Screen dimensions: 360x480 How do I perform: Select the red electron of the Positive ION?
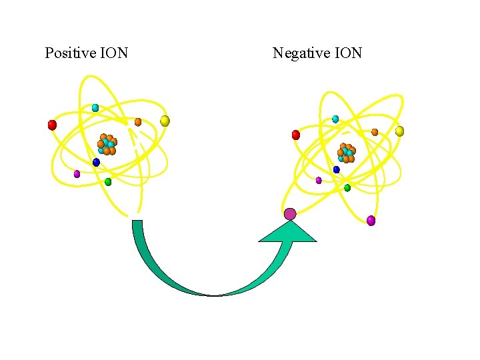click(52, 125)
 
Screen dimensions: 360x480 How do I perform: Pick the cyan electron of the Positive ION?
click(95, 107)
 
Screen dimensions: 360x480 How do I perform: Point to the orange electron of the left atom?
click(138, 122)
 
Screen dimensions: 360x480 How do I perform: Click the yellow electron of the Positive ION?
click(165, 121)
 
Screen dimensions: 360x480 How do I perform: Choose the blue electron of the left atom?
click(96, 162)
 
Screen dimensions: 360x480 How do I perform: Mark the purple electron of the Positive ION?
click(77, 174)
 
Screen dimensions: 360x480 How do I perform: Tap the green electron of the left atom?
click(108, 181)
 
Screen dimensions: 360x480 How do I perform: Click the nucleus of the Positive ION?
click(107, 144)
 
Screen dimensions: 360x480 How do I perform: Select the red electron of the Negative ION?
click(296, 135)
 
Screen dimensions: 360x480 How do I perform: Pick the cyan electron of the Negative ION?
click(335, 119)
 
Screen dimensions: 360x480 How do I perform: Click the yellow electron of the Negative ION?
click(399, 131)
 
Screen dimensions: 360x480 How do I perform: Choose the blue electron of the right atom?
click(337, 169)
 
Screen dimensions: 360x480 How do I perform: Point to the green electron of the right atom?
click(347, 188)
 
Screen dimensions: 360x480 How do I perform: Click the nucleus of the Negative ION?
click(346, 153)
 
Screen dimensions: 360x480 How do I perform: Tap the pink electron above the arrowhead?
click(289, 214)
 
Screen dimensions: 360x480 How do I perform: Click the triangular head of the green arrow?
click(287, 232)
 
